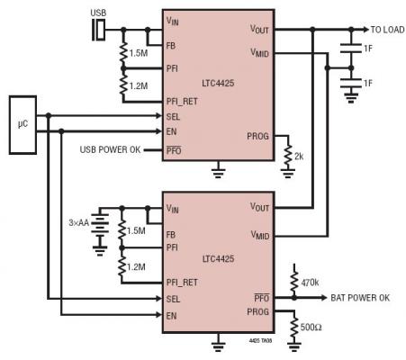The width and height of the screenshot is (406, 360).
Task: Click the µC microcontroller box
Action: click(23, 125)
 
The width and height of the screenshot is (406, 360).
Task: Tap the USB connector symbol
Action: click(99, 30)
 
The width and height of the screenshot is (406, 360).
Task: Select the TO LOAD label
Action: click(387, 30)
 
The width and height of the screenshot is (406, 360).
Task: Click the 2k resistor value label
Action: click(299, 157)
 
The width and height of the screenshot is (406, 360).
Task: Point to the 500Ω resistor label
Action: click(311, 327)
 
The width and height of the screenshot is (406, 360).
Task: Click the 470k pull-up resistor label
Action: click(310, 283)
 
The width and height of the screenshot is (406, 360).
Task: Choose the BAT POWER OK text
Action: click(360, 298)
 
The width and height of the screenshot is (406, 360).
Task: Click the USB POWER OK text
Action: click(110, 149)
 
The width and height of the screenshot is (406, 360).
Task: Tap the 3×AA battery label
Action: click(79, 222)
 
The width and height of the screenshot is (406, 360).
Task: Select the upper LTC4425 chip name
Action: click(218, 83)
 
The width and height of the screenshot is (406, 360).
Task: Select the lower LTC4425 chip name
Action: click(218, 259)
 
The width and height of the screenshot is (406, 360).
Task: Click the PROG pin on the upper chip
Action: click(257, 136)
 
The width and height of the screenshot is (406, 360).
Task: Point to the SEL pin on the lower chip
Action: click(173, 299)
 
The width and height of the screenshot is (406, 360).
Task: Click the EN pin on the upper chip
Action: click(171, 131)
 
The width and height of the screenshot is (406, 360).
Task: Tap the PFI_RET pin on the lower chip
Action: click(182, 283)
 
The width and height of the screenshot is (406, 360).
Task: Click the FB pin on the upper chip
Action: click(171, 46)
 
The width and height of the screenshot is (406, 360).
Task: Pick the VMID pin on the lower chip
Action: click(260, 235)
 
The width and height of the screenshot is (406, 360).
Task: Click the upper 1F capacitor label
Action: click(368, 49)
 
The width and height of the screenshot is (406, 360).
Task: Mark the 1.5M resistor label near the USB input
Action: click(139, 53)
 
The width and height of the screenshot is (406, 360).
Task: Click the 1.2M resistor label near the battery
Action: click(136, 266)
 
